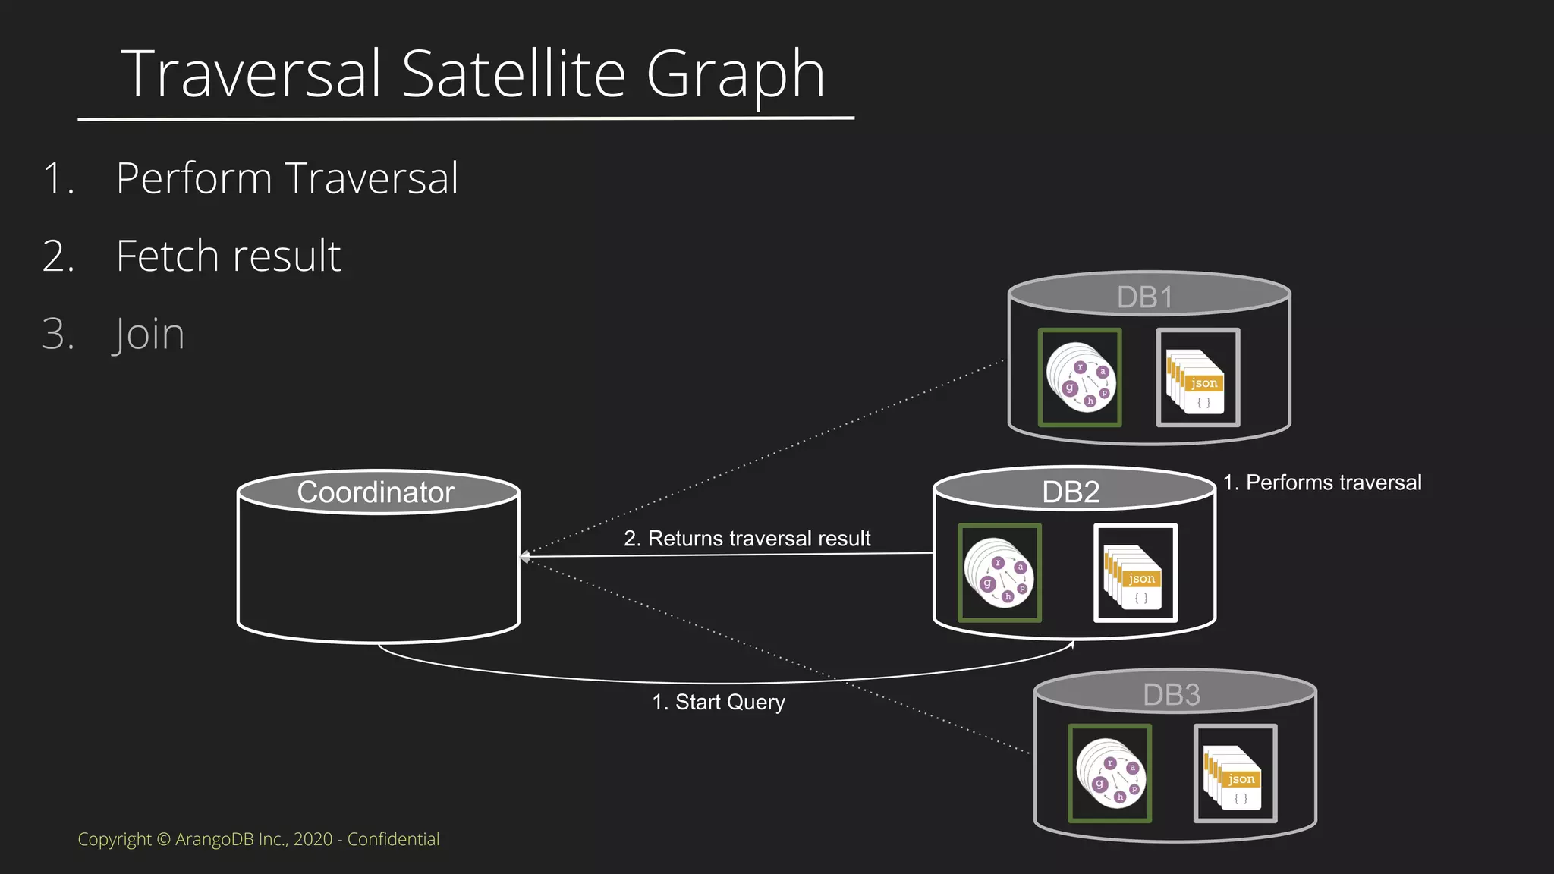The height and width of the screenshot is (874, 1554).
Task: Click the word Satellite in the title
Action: click(514, 74)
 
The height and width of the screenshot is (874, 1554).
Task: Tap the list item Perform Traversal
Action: click(287, 179)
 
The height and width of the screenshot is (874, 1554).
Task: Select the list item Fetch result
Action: click(228, 256)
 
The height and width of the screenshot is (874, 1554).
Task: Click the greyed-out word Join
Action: click(149, 334)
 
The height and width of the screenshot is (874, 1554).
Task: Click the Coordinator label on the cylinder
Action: click(376, 492)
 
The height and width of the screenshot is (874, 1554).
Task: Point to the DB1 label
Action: click(1144, 297)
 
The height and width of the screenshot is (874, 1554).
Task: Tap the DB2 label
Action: click(1071, 492)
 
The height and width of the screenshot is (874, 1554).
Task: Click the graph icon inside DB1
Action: click(1080, 377)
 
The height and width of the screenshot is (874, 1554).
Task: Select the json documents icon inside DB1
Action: click(1197, 378)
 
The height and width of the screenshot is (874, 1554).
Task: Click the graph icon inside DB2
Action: click(999, 573)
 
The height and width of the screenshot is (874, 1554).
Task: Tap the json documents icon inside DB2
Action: click(1135, 573)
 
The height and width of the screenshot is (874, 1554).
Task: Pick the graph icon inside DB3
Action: click(1109, 773)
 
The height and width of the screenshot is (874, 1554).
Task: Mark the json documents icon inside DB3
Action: click(1235, 773)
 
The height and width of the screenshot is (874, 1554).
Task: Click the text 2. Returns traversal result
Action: click(747, 539)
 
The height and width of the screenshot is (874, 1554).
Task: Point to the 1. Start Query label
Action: click(719, 703)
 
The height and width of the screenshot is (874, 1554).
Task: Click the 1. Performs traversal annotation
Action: click(1322, 483)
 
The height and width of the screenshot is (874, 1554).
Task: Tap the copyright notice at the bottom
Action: click(258, 839)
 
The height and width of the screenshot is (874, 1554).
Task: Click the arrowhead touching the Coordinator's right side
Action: click(524, 557)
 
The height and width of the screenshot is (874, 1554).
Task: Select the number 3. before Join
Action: click(58, 334)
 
